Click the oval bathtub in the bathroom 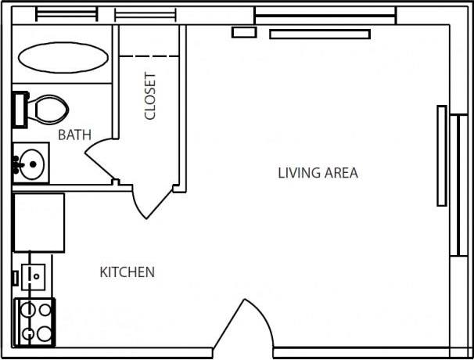click(x=63, y=56)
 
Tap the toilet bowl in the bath click(x=48, y=109)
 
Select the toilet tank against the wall click(x=20, y=109)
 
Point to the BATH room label click(x=74, y=135)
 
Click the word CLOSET click(x=150, y=96)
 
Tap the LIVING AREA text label click(x=318, y=173)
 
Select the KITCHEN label click(x=127, y=272)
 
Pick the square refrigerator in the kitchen click(x=39, y=221)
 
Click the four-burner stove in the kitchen click(x=35, y=322)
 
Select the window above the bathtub click(x=66, y=14)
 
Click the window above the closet click(x=145, y=14)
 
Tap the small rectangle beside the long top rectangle click(x=244, y=33)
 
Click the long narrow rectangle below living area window click(x=319, y=34)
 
